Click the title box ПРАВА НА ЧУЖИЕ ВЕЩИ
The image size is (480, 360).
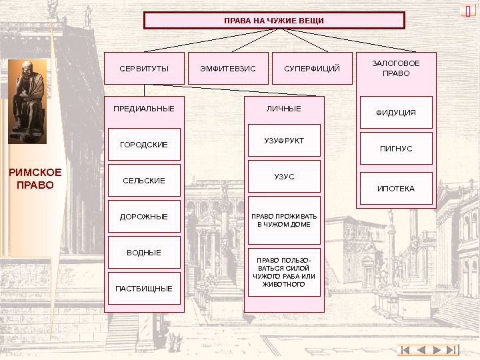pyautogui.click(x=274, y=21)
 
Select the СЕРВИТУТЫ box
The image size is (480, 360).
pyautogui.click(x=144, y=69)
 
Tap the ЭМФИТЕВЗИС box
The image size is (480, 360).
pyautogui.click(x=228, y=69)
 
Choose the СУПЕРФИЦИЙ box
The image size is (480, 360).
pyautogui.click(x=312, y=69)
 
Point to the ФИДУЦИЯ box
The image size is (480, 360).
pyautogui.click(x=396, y=113)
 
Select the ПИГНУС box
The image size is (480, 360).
pyautogui.click(x=396, y=149)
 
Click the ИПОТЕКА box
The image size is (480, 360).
pyautogui.click(x=396, y=189)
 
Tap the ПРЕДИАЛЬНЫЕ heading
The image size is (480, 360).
pyautogui.click(x=144, y=109)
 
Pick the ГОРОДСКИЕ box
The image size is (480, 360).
pyautogui.click(x=144, y=145)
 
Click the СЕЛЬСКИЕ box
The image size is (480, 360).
pyautogui.click(x=144, y=181)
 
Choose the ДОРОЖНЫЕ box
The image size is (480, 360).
pyautogui.click(x=144, y=217)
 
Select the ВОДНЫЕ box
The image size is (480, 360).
pyautogui.click(x=144, y=253)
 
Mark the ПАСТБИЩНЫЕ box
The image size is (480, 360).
pyautogui.click(x=144, y=289)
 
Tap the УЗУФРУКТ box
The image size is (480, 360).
pyautogui.click(x=284, y=141)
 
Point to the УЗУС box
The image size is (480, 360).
pyautogui.click(x=284, y=177)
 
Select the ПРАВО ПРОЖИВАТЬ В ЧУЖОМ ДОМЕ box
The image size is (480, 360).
pyautogui.click(x=284, y=221)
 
